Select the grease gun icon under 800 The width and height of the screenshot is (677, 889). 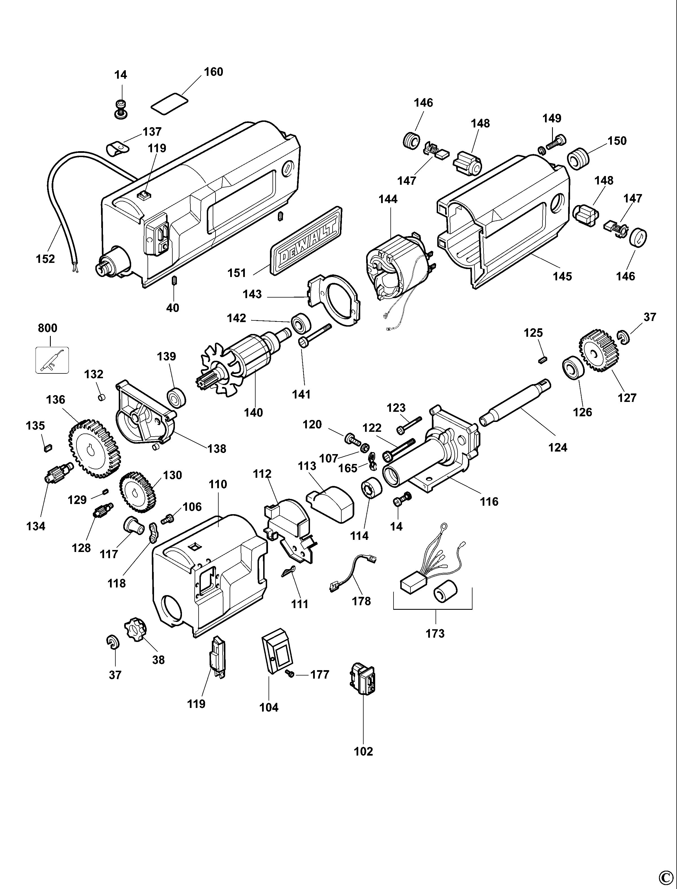point(52,360)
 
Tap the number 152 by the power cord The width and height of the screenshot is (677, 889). point(45,259)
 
